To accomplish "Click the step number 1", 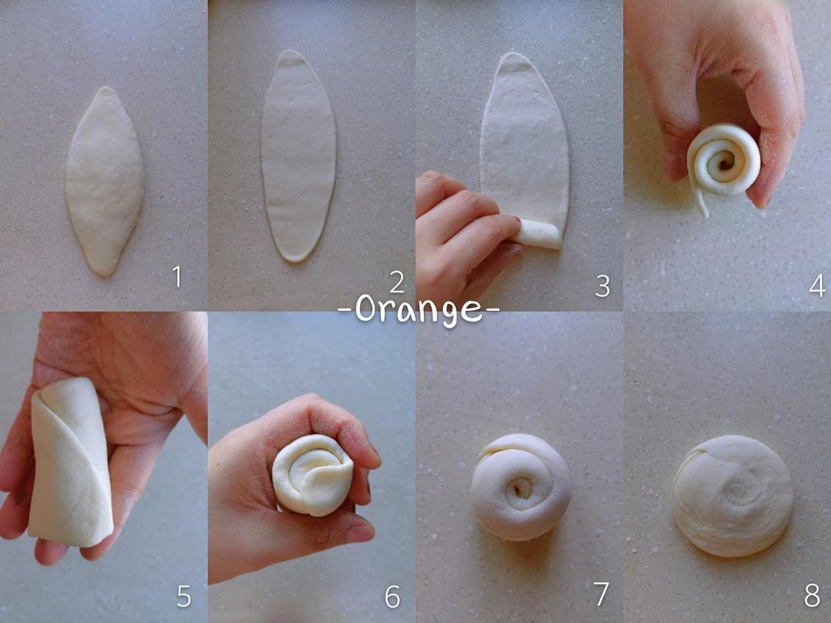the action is click(177, 277).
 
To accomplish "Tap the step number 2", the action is click(397, 283).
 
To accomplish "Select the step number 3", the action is click(602, 286).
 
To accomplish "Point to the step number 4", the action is click(816, 286).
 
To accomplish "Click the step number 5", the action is click(184, 597).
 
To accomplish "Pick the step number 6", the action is click(392, 597).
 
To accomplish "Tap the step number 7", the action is click(601, 595).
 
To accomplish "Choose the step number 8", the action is click(812, 596).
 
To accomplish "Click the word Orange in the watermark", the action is click(419, 310).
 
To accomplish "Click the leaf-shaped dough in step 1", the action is click(104, 182).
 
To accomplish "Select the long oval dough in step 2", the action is click(299, 156).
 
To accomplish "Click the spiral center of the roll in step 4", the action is click(724, 159).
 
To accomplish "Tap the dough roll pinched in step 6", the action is click(312, 475).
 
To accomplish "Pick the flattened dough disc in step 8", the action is click(733, 496).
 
